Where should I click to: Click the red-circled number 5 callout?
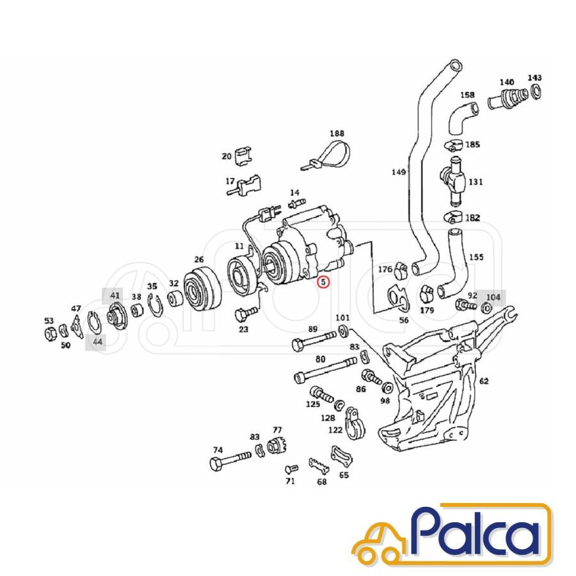click(x=324, y=282)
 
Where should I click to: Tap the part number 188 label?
click(x=337, y=134)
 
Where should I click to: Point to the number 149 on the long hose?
click(x=399, y=172)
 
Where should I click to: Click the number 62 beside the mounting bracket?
click(x=484, y=381)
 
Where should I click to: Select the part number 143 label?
click(x=534, y=78)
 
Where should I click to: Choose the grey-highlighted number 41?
click(x=115, y=296)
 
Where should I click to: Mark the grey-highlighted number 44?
click(x=97, y=342)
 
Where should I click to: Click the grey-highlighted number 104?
click(x=493, y=296)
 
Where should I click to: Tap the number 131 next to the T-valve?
click(x=476, y=182)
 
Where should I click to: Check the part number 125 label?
click(x=312, y=404)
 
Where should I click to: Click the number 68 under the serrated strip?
click(x=321, y=481)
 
